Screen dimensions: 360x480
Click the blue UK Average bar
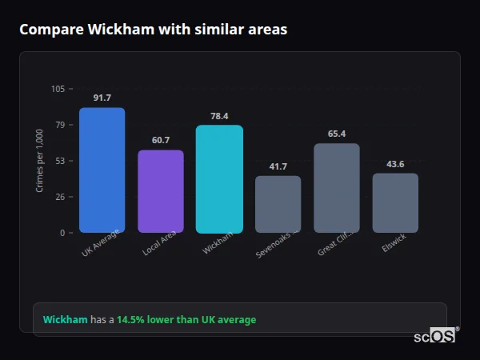tap(102, 170)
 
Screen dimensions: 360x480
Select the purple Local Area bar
tap(161, 191)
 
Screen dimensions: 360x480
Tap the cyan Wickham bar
tap(219, 179)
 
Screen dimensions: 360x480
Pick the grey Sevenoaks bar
tap(278, 204)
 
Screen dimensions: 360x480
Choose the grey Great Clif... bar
tap(337, 188)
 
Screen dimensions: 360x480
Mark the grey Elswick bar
tap(395, 203)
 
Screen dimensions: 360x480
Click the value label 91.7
tap(102, 98)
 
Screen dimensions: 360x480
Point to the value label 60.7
tap(161, 140)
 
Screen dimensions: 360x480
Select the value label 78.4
tap(219, 116)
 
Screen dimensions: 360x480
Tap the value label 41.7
tap(278, 166)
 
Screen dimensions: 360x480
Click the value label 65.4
tap(337, 134)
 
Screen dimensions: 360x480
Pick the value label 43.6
tap(395, 164)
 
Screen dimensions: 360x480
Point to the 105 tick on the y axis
tap(58, 89)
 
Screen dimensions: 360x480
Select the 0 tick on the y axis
tap(62, 233)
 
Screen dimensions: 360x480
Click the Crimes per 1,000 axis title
tap(40, 161)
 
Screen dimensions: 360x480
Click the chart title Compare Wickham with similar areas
tap(153, 30)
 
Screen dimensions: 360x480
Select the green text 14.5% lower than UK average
tap(186, 320)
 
